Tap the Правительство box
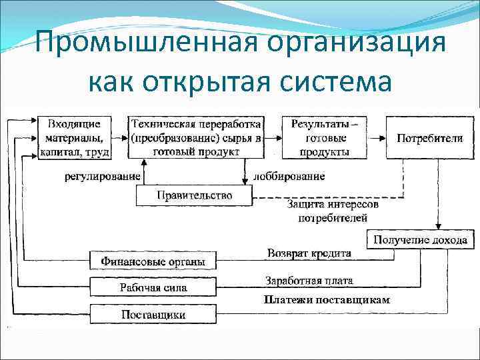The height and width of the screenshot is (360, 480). click(194, 195)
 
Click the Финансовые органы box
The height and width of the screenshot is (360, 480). click(153, 261)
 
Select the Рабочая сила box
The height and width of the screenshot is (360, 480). click(153, 287)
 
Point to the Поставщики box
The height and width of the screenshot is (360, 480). click(153, 314)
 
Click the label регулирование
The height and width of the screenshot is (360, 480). click(103, 177)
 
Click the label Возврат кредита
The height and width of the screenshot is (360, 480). click(308, 254)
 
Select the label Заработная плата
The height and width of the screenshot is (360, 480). click(309, 281)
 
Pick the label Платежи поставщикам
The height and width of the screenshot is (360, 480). click(326, 299)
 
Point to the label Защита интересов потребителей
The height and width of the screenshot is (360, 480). click(332, 211)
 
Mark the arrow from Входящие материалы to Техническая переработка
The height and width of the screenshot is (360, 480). click(120, 138)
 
